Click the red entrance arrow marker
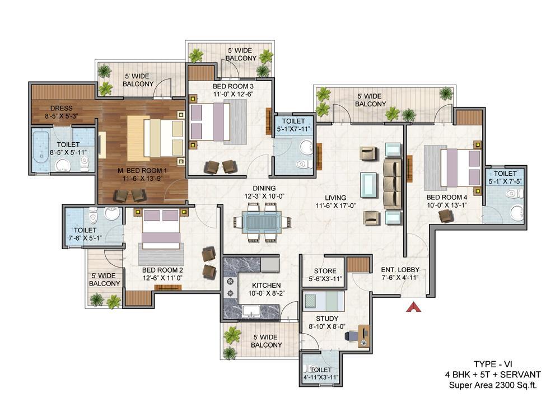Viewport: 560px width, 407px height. [414, 307]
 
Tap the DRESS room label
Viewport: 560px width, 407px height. [62, 108]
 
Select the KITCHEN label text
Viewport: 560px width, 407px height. [267, 286]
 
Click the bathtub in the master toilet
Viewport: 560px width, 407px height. [41, 151]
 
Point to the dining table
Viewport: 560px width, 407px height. [262, 222]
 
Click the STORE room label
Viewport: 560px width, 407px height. [325, 271]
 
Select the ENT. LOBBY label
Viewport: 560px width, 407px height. [400, 269]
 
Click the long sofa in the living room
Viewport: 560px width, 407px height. [392, 184]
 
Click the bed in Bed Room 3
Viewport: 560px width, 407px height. [210, 121]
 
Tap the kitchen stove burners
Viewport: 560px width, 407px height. [230, 287]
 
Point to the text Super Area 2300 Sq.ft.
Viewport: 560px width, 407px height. [493, 385]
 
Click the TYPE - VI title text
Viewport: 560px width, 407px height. [493, 364]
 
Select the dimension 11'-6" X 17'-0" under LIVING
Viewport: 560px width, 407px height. [335, 205]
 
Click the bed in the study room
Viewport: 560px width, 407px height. [324, 301]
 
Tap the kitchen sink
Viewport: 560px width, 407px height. [251, 311]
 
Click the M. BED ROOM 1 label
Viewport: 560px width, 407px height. [142, 171]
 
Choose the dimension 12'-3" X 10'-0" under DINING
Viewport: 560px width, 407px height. [264, 196]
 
